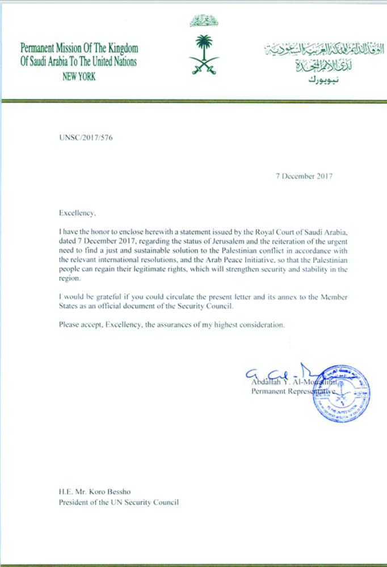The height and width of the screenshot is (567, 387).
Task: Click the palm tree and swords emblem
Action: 205,54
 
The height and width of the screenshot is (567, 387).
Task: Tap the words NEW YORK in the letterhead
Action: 79,77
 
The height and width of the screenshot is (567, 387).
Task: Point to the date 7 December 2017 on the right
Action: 300,176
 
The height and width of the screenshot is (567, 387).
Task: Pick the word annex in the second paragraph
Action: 284,298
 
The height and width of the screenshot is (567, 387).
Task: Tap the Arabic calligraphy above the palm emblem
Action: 204,22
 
